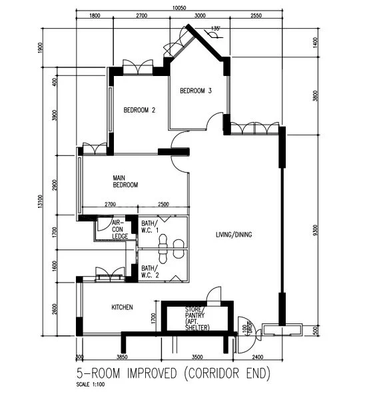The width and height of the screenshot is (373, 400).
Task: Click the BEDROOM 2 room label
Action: [x=139, y=111]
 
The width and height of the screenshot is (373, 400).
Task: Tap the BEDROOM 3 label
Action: [x=195, y=91]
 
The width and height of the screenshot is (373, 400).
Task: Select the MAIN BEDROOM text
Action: [x=125, y=181]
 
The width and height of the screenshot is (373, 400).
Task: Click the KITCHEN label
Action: [x=122, y=307]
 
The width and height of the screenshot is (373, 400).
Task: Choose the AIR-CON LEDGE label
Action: [x=120, y=229]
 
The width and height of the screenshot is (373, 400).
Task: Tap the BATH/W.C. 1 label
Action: [x=150, y=227]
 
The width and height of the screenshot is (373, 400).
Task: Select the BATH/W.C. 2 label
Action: [x=150, y=271]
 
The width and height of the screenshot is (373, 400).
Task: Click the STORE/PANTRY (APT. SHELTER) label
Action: [x=196, y=319]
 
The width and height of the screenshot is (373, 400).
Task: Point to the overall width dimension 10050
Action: [x=176, y=7]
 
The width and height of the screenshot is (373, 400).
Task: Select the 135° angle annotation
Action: [x=214, y=28]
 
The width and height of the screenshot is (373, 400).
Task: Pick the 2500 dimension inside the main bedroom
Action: [x=163, y=204]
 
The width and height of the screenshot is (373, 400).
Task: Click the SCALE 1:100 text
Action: [x=92, y=384]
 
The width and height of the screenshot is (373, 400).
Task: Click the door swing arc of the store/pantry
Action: [x=213, y=293]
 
